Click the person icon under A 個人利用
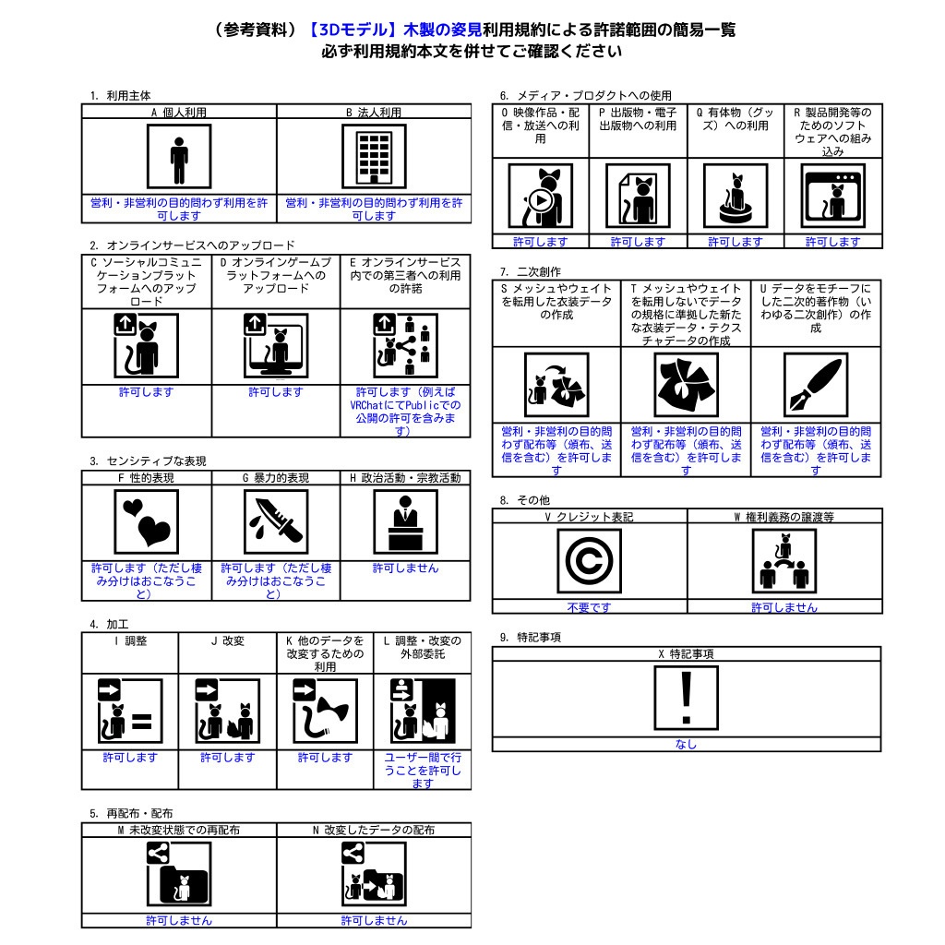pyautogui.click(x=179, y=158)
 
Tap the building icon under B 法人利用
pyautogui.click(x=374, y=158)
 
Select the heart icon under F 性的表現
pyautogui.click(x=147, y=522)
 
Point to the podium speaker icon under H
pyautogui.click(x=405, y=522)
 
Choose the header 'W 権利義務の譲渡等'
pyautogui.click(x=784, y=517)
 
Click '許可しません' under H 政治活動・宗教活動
pyautogui.click(x=405, y=568)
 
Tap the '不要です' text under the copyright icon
pyautogui.click(x=589, y=607)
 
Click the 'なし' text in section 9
pyautogui.click(x=686, y=744)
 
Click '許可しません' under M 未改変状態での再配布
pyautogui.click(x=179, y=920)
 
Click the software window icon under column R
pyautogui.click(x=833, y=197)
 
